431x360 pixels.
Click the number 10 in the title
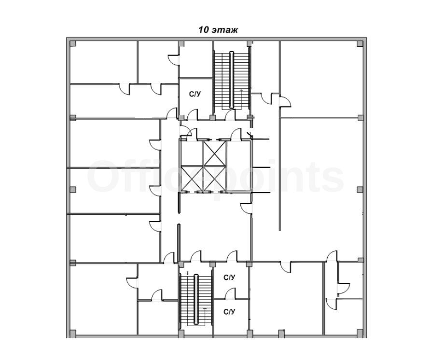click(x=204, y=30)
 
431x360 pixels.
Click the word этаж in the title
click(x=225, y=30)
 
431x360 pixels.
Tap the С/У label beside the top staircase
click(x=195, y=94)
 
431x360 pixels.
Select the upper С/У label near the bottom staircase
click(x=230, y=277)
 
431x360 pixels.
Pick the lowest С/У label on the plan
click(x=230, y=312)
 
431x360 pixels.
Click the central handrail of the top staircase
click(x=232, y=80)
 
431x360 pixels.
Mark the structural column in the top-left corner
click(x=72, y=44)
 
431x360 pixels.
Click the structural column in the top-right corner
click(x=360, y=44)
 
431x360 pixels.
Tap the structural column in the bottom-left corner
click(x=72, y=334)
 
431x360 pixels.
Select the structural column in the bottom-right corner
click(x=360, y=334)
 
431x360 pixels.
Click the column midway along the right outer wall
click(x=360, y=189)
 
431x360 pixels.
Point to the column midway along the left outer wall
click(x=72, y=189)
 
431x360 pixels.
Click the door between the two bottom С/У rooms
click(x=230, y=293)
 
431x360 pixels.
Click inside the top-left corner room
click(x=104, y=62)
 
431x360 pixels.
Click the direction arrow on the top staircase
click(x=241, y=99)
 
